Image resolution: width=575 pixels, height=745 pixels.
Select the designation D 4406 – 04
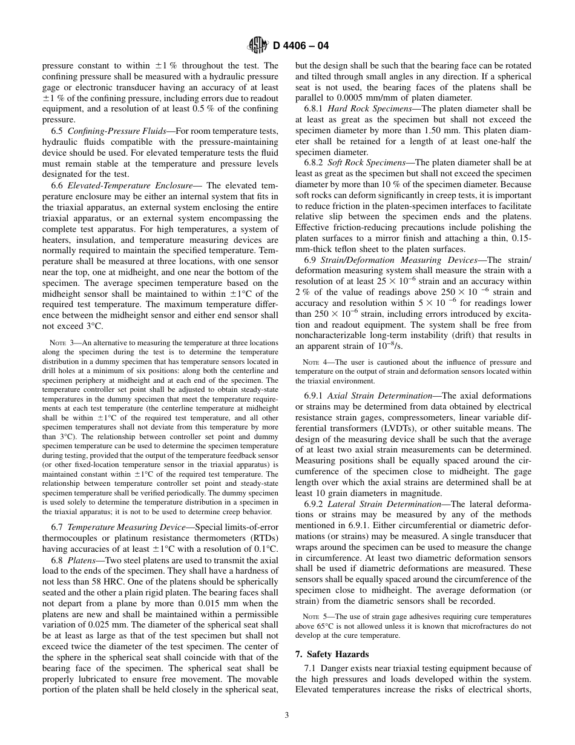[x=301, y=45]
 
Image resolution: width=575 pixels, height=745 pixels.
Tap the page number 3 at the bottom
[x=287, y=715]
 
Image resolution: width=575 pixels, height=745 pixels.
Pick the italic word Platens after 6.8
[x=81, y=560]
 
